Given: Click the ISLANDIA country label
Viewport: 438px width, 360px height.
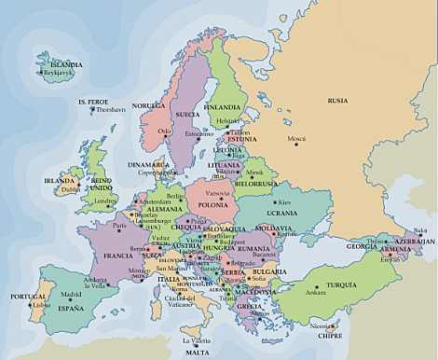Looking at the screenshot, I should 59,65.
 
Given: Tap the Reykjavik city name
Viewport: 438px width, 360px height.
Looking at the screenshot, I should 59,73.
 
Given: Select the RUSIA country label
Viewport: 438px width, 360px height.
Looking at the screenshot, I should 337,101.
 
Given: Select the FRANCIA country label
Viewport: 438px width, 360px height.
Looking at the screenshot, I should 117,255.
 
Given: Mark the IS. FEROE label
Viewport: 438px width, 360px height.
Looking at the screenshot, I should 93,100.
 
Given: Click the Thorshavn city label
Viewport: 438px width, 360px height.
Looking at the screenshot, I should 111,109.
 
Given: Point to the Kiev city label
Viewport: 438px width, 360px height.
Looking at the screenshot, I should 285,202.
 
